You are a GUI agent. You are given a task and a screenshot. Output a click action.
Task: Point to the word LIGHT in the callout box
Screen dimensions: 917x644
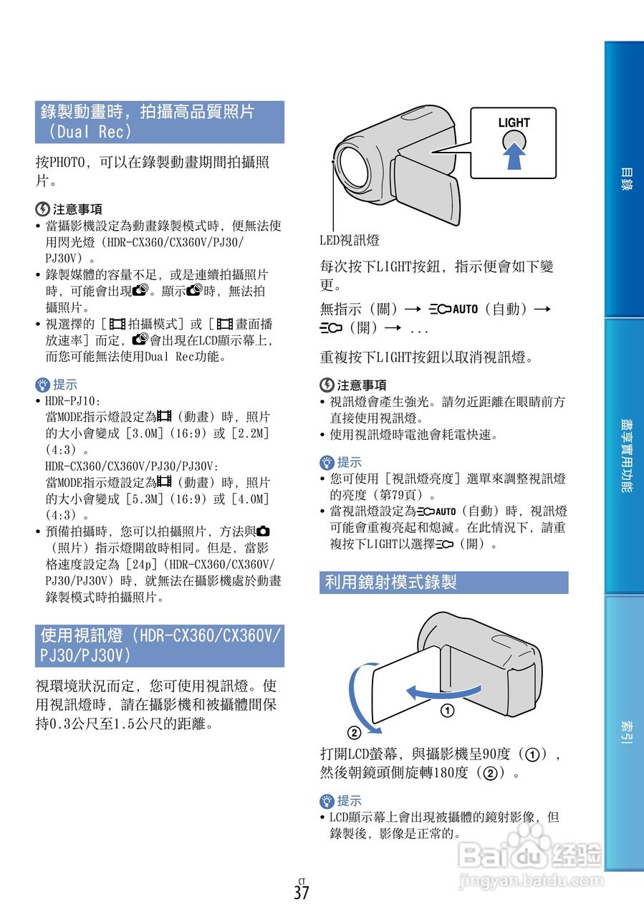(514, 123)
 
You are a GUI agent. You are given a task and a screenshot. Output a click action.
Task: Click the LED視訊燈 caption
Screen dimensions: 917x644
(349, 240)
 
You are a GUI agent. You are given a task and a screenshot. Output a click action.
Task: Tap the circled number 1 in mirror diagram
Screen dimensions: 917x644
(448, 711)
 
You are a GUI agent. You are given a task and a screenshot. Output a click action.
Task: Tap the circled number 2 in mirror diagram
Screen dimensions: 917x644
(353, 733)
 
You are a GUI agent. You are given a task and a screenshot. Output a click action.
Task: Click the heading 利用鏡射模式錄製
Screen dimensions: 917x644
(390, 582)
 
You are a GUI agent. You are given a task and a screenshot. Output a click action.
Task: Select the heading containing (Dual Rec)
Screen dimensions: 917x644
(159, 122)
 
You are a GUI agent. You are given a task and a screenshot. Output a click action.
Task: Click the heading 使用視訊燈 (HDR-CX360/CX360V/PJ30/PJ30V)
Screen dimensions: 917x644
(159, 645)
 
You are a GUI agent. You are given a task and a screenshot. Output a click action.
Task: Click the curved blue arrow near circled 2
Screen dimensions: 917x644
(359, 695)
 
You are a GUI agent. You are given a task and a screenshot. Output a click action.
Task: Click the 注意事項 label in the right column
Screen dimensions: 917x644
(361, 385)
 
